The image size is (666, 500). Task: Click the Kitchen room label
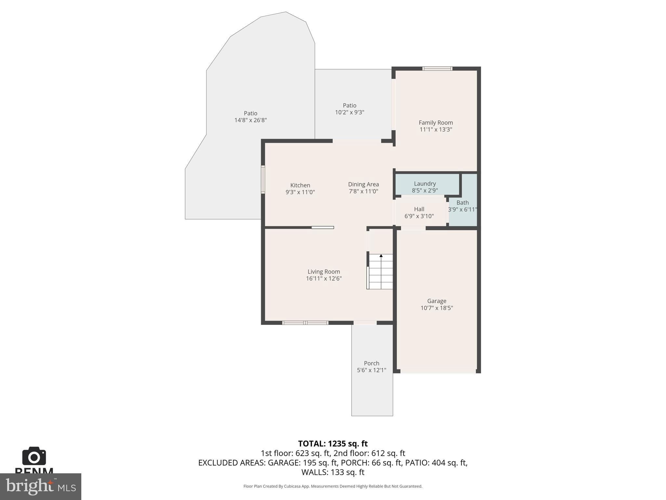tap(300, 185)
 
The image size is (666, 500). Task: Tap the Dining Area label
tap(363, 184)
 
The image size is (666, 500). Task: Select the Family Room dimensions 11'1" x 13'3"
tap(436, 130)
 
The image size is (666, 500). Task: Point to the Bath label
tap(462, 202)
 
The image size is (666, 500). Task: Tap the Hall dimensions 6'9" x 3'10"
tap(419, 216)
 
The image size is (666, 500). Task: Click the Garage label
tap(436, 301)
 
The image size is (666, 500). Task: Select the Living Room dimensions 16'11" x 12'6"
tap(324, 279)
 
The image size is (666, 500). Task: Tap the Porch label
tap(371, 363)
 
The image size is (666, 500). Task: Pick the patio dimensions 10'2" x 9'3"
tap(350, 112)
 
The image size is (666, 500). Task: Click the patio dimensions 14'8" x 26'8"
tap(250, 120)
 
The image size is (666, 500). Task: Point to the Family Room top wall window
tap(437, 68)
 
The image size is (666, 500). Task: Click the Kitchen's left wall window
tap(263, 180)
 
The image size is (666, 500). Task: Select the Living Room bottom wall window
tap(305, 323)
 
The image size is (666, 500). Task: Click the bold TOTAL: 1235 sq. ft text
tap(333, 444)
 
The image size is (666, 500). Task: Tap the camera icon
tap(34, 456)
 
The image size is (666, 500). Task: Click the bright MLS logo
tap(41, 486)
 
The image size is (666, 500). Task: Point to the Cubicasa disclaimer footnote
tap(333, 486)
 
